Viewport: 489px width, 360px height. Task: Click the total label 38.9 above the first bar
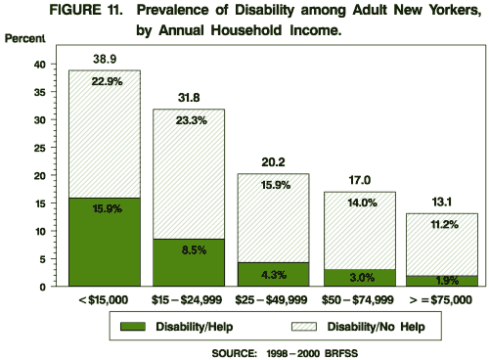[x=104, y=60]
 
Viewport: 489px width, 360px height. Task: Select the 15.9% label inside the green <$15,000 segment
[x=104, y=208]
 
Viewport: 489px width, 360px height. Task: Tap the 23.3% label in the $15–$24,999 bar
[x=189, y=120]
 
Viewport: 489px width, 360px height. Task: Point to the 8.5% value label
[x=189, y=249]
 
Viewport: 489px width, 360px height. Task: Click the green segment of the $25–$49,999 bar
[x=273, y=275]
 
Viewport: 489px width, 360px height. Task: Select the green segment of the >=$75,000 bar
[x=443, y=281]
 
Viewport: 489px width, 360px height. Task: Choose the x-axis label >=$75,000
[x=443, y=297]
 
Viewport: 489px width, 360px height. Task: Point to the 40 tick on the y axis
[x=40, y=65]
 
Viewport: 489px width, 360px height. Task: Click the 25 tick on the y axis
[x=40, y=148]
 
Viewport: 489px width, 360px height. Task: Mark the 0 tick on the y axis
[x=44, y=287]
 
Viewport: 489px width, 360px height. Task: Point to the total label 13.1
[x=443, y=202]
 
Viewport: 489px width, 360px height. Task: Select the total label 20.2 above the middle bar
[x=273, y=163]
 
